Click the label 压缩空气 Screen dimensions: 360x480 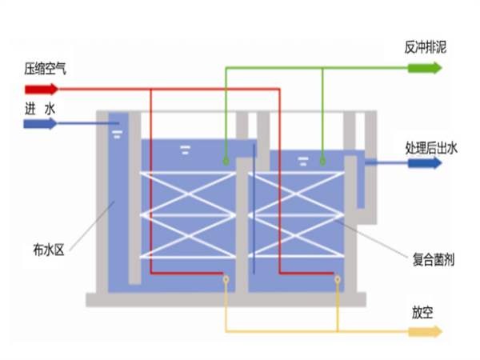(x=45, y=69)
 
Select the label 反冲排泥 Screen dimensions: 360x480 (x=425, y=47)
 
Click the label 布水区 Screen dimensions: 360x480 (x=48, y=250)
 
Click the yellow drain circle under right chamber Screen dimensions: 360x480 (x=338, y=279)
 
